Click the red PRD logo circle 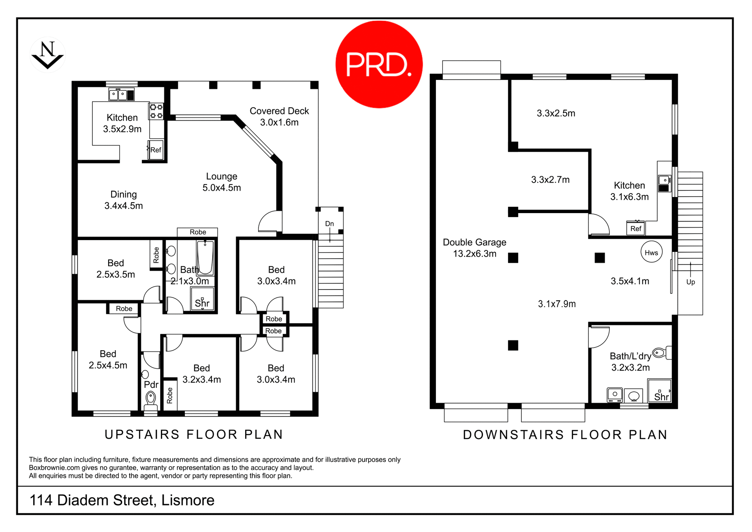[379, 64]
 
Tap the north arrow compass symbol [47, 55]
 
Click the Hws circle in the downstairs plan [651, 252]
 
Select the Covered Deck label [279, 116]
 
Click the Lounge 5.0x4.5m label [222, 182]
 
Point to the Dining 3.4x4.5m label [123, 200]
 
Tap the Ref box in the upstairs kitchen [155, 150]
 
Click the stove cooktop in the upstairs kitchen [156, 111]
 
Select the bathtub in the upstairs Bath [205, 257]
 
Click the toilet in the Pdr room [150, 399]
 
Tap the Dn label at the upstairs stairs [329, 224]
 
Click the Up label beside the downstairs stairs [691, 282]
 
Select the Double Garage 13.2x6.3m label [474, 248]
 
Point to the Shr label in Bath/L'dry [661, 397]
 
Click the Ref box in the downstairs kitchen [636, 228]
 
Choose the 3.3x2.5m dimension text [556, 113]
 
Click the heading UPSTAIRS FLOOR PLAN [194, 434]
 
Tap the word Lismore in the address [188, 500]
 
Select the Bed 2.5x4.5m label [108, 359]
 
